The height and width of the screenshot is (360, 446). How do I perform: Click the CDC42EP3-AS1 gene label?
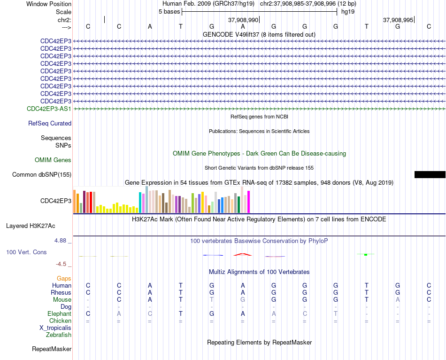click(49, 109)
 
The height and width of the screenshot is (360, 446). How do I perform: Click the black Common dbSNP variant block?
click(430, 174)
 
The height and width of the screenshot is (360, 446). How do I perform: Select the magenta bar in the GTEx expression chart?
click(249, 202)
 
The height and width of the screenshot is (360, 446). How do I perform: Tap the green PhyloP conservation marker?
click(366, 254)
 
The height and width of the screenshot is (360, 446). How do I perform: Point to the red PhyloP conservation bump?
click(243, 254)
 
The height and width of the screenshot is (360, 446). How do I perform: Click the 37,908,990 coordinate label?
click(243, 20)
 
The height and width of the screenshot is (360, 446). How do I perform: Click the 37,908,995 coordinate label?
click(398, 20)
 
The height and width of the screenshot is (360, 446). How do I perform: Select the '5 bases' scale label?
click(169, 12)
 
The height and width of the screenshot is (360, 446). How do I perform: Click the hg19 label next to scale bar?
click(348, 12)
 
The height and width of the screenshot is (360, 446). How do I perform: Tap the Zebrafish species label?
click(59, 335)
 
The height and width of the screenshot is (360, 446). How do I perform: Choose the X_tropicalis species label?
click(55, 328)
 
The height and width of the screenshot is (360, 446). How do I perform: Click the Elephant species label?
click(60, 313)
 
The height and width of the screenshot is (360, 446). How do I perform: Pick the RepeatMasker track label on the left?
click(52, 349)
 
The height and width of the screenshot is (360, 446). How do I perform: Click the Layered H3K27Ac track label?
click(31, 226)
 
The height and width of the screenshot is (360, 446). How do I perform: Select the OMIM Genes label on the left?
click(53, 160)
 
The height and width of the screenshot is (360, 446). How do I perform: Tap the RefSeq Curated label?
click(50, 123)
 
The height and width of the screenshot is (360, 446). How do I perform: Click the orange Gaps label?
click(64, 278)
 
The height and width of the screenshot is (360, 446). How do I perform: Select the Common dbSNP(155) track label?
click(42, 174)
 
